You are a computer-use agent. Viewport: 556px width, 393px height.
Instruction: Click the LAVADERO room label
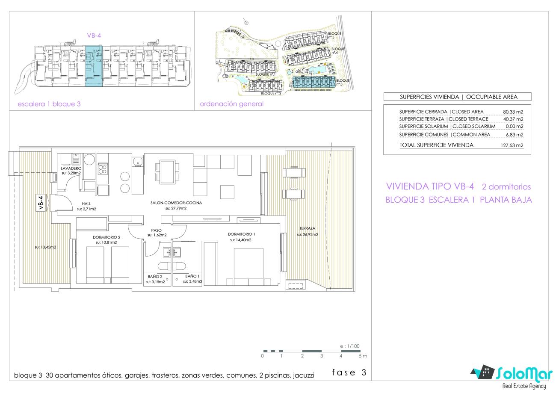tap(71, 168)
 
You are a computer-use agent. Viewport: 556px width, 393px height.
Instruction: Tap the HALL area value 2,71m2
tap(86, 209)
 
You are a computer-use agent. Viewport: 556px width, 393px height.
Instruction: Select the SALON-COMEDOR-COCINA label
tap(176, 203)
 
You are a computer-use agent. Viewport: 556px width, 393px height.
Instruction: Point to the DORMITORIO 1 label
tap(241, 234)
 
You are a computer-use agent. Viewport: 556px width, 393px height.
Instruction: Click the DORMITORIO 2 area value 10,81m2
tap(106, 242)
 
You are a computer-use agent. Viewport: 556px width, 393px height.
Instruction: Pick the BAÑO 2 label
tap(155, 276)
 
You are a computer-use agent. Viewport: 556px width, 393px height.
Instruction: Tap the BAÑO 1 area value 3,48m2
tap(192, 281)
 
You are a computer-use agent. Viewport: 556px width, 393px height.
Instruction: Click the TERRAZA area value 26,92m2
tap(308, 234)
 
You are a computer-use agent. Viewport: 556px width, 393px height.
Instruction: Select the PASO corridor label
tap(157, 230)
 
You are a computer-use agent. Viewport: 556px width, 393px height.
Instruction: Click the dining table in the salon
tap(167, 172)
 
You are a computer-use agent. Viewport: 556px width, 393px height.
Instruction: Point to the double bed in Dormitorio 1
tap(248, 267)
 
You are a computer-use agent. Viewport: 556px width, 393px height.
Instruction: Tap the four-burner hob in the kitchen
tap(103, 169)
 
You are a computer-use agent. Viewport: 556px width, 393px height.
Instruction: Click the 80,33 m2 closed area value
tap(513, 112)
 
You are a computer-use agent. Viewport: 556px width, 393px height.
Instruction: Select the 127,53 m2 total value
tap(512, 145)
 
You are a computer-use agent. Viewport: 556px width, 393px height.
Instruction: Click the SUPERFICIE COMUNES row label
tap(424, 134)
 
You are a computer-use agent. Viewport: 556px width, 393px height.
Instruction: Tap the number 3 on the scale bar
tap(322, 356)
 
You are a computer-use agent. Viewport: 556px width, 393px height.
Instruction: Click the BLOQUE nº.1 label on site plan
tap(265, 74)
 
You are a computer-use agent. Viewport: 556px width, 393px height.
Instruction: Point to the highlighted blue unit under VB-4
tap(94, 66)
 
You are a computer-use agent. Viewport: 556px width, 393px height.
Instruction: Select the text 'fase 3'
tap(349, 372)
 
